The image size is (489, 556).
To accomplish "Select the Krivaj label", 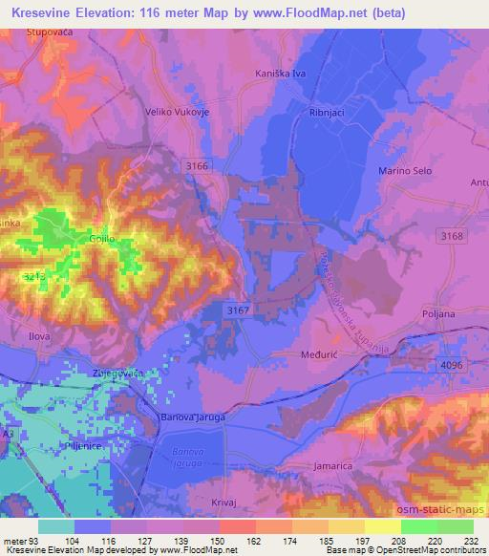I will coord(223,501).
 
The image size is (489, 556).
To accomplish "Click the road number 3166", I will coord(197,166).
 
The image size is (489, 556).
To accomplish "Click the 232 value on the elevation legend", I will coord(473,540).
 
